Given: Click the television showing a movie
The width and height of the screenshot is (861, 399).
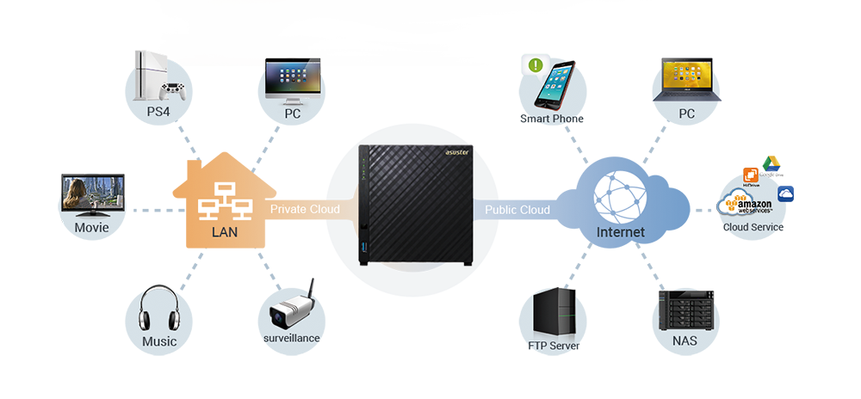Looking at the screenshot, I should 91,195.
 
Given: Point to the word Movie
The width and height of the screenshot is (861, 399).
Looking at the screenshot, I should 91,228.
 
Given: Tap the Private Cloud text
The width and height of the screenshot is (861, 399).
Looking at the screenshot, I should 305,209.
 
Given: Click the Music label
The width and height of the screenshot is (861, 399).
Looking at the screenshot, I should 159,341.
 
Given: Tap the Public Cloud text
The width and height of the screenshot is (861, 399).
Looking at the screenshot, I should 517,210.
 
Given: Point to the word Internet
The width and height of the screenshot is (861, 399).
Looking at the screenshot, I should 620,233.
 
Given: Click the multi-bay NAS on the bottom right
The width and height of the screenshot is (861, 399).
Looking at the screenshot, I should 686,308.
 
